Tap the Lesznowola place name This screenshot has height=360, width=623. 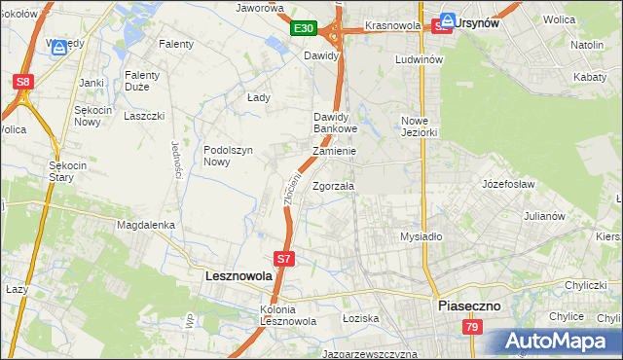coord(239,276)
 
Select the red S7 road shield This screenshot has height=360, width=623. coord(283,259)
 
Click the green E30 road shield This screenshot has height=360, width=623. coord(303,29)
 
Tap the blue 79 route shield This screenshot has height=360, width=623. coord(471,328)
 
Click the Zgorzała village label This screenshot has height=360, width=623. coord(334,186)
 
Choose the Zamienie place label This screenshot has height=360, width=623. coord(334,152)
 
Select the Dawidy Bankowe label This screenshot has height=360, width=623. coord(336,123)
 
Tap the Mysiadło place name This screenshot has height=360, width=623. coord(421,236)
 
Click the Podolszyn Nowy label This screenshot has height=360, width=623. coord(228,156)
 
